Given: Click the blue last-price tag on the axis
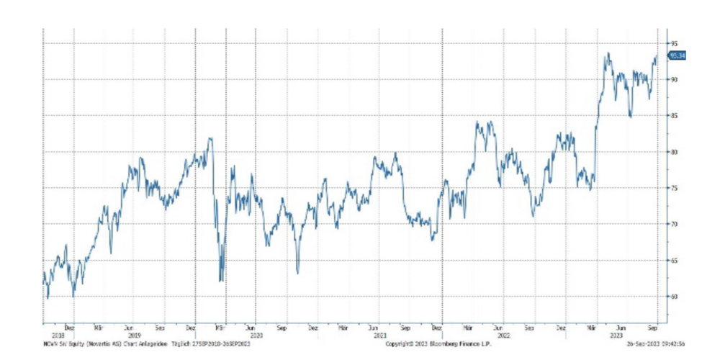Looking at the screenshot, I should point(677,55).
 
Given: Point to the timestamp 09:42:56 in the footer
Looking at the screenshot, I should point(670,345).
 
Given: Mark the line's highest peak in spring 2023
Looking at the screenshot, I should point(608,53).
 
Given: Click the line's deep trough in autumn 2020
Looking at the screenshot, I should point(297,273).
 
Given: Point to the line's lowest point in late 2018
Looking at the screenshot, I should point(48,298).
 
